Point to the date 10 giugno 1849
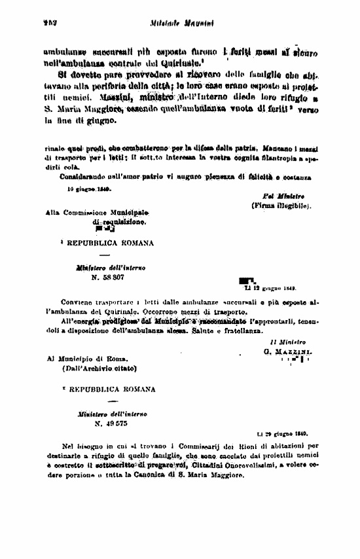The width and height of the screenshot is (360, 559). (x=89, y=189)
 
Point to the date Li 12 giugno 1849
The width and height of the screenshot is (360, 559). (x=268, y=287)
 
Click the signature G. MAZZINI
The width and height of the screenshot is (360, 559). (x=288, y=351)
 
